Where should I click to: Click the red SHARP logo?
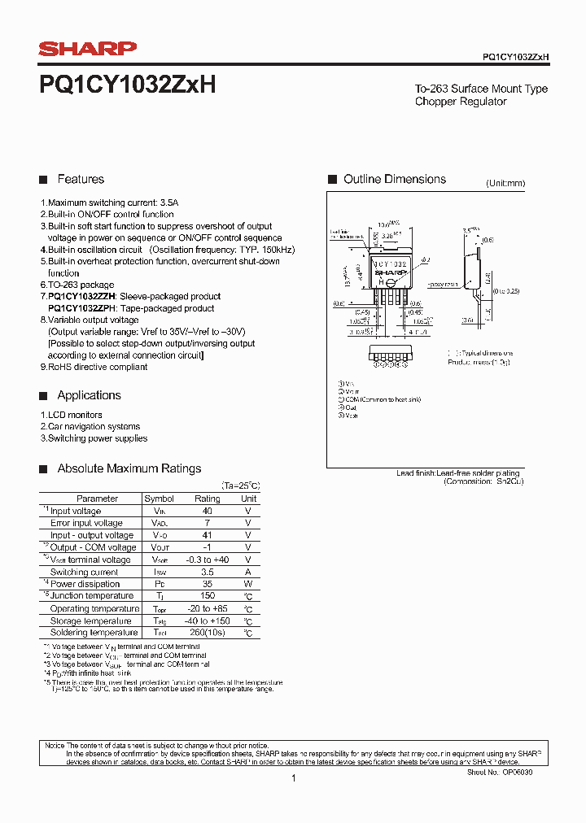coord(88,50)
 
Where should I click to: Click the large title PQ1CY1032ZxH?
coord(127,85)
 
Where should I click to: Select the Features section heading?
coord(81,179)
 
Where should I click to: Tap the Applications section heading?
coord(89,395)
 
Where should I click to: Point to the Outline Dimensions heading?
coord(394,179)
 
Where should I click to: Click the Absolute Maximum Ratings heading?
coord(129,468)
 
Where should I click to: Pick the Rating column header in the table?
coord(207,499)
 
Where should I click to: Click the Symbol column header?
coord(159,499)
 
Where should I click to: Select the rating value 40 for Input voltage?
coord(207,511)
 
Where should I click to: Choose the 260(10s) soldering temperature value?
coord(207,633)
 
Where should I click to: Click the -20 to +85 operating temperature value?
coord(207,608)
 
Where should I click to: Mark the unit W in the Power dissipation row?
coord(248,584)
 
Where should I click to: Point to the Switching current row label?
coord(85,572)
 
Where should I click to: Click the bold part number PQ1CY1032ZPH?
coord(82,308)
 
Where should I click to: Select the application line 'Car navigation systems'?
coord(94,426)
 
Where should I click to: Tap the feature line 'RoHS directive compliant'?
coord(97,367)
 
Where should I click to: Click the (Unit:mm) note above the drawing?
coord(505,184)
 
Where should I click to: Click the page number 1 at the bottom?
coord(293,778)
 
